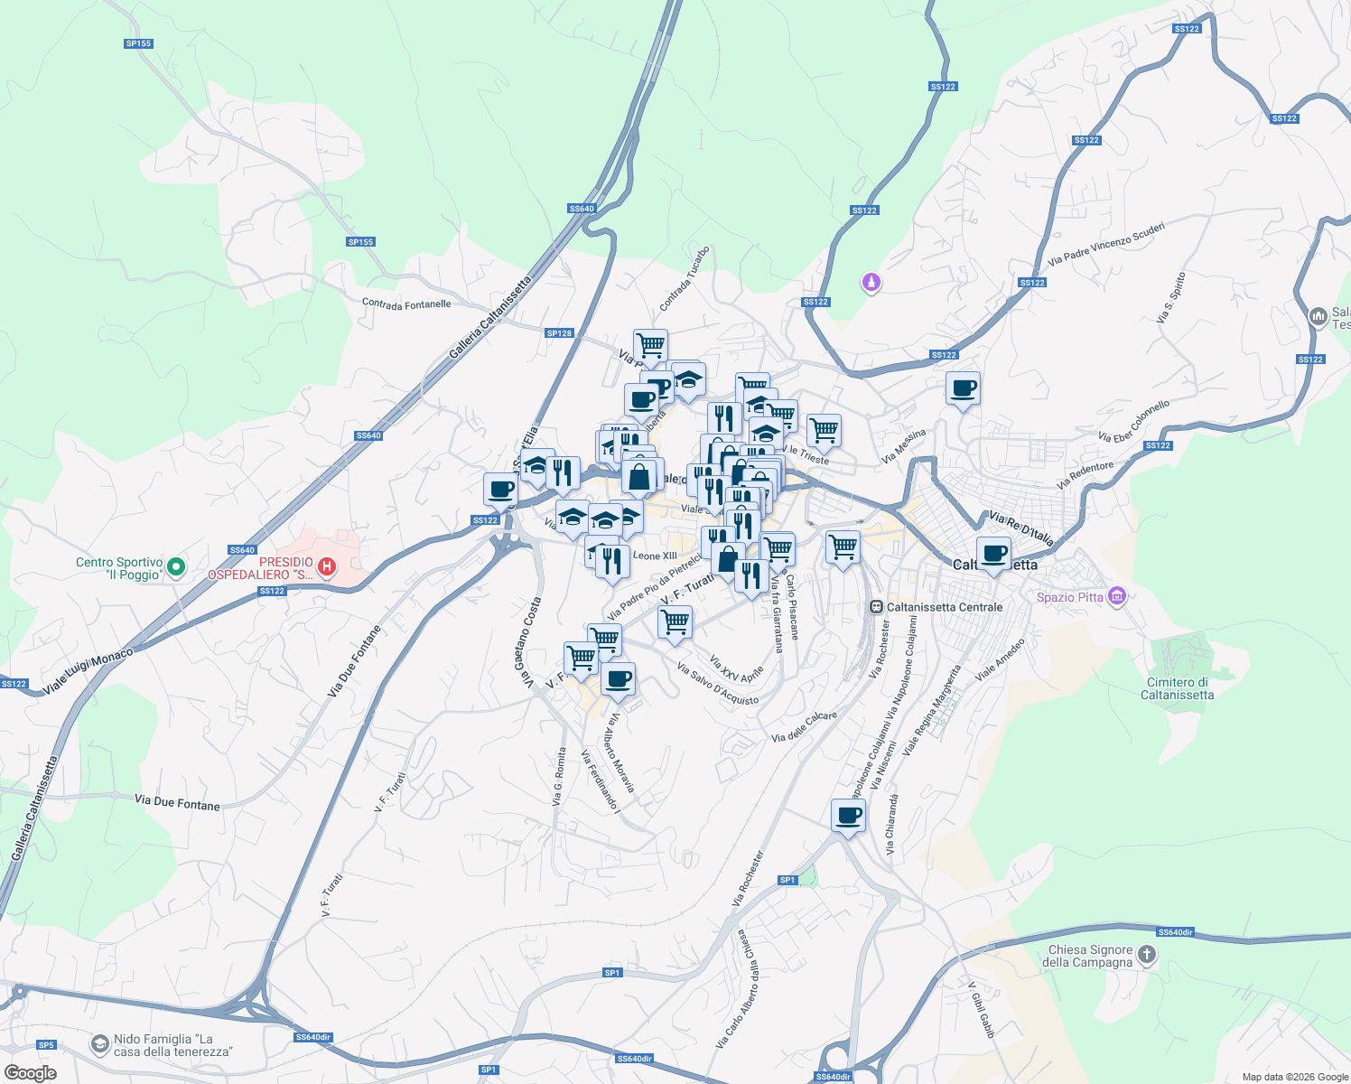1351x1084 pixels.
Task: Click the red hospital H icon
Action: click(328, 567)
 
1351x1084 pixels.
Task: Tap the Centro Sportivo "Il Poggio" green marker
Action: click(177, 567)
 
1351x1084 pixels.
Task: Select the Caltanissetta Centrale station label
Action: click(944, 607)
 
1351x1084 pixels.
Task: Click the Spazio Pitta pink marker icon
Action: click(1117, 596)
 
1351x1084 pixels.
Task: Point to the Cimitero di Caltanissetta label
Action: click(1177, 689)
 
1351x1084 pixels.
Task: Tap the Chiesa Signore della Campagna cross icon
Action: click(1146, 955)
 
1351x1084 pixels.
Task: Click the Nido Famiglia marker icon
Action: click(99, 1044)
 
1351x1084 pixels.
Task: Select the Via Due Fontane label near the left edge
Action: click(177, 802)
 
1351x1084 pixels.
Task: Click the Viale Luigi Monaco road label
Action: click(88, 671)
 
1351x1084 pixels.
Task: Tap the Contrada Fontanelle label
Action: click(406, 304)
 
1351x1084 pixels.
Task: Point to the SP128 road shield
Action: click(559, 333)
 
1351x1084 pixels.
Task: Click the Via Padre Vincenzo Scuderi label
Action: click(1105, 244)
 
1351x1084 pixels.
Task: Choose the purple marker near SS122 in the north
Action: click(871, 283)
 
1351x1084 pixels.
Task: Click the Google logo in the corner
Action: click(30, 1072)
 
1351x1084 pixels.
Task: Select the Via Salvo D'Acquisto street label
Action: click(717, 685)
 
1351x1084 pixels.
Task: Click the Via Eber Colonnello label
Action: click(1133, 421)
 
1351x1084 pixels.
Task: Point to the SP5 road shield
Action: click(46, 1045)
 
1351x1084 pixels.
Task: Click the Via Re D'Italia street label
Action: click(1020, 529)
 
